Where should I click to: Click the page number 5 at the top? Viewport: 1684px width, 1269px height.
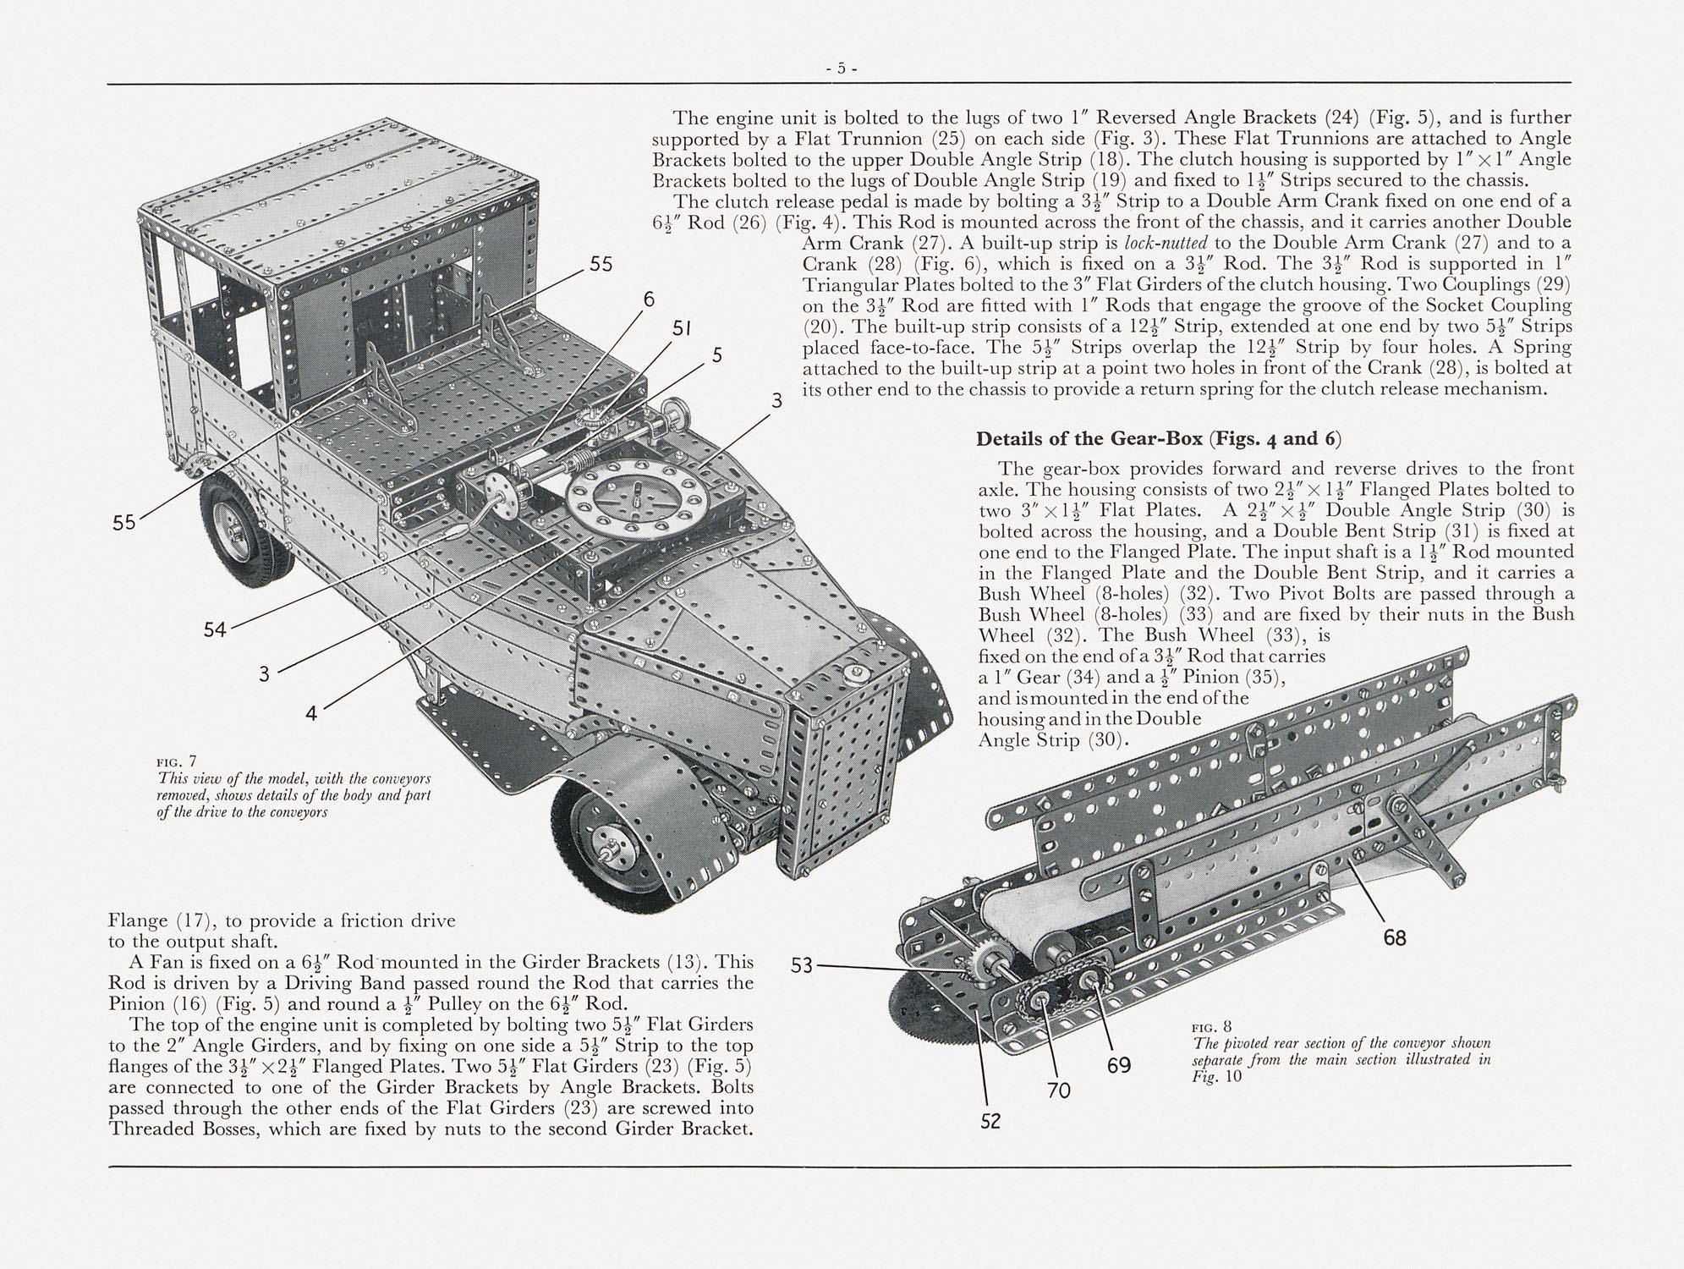pyautogui.click(x=842, y=69)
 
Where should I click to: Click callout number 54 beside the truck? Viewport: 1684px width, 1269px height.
pyautogui.click(x=215, y=629)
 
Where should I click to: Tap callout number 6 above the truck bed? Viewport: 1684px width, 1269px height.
pyautogui.click(x=649, y=299)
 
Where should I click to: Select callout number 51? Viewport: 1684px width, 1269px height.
pyautogui.click(x=682, y=328)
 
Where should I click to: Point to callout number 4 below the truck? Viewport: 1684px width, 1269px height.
pyautogui.click(x=311, y=713)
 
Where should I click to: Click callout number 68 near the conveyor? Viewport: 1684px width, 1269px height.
pyautogui.click(x=1394, y=937)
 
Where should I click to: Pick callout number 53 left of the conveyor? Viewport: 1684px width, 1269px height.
pyautogui.click(x=801, y=964)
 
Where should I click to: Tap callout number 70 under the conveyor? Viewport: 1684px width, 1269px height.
pyautogui.click(x=1058, y=1090)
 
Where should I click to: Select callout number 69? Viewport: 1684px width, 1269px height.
pyautogui.click(x=1119, y=1065)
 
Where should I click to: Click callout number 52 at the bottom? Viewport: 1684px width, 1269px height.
pyautogui.click(x=990, y=1121)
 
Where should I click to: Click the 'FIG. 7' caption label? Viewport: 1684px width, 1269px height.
pyautogui.click(x=177, y=761)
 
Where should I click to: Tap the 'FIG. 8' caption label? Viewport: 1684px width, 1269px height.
pyautogui.click(x=1212, y=1028)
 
